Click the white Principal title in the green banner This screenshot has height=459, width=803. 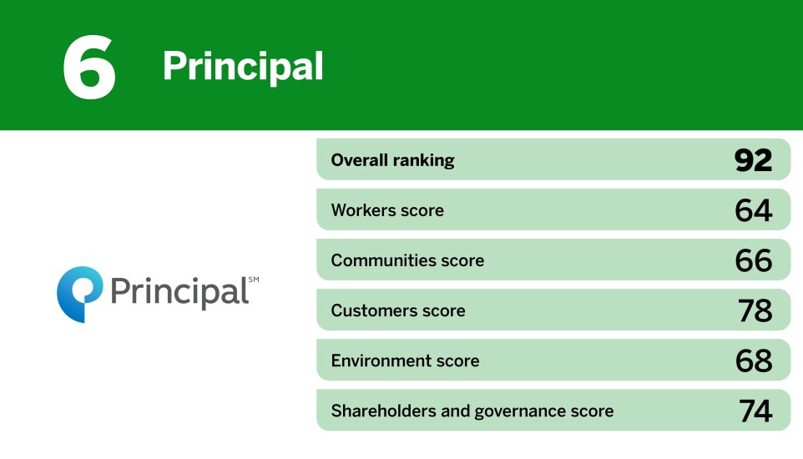pyautogui.click(x=243, y=66)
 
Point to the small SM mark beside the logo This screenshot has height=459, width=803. pyautogui.click(x=254, y=280)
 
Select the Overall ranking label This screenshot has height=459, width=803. pyautogui.click(x=392, y=160)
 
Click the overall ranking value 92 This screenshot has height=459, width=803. pyautogui.click(x=753, y=160)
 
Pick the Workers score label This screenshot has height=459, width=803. pyautogui.click(x=387, y=210)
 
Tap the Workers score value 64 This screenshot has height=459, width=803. pyautogui.click(x=753, y=210)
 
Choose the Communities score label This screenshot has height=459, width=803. pyautogui.click(x=407, y=260)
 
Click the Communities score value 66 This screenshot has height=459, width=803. pyautogui.click(x=753, y=260)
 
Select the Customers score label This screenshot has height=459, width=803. pyautogui.click(x=398, y=310)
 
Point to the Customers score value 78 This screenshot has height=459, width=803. pyautogui.click(x=755, y=310)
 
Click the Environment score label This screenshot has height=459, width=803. pyautogui.click(x=405, y=361)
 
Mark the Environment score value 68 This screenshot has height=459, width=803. pyautogui.click(x=753, y=361)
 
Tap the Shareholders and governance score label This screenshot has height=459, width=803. pyautogui.click(x=472, y=411)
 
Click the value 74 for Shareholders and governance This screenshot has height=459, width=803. pyautogui.click(x=755, y=411)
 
